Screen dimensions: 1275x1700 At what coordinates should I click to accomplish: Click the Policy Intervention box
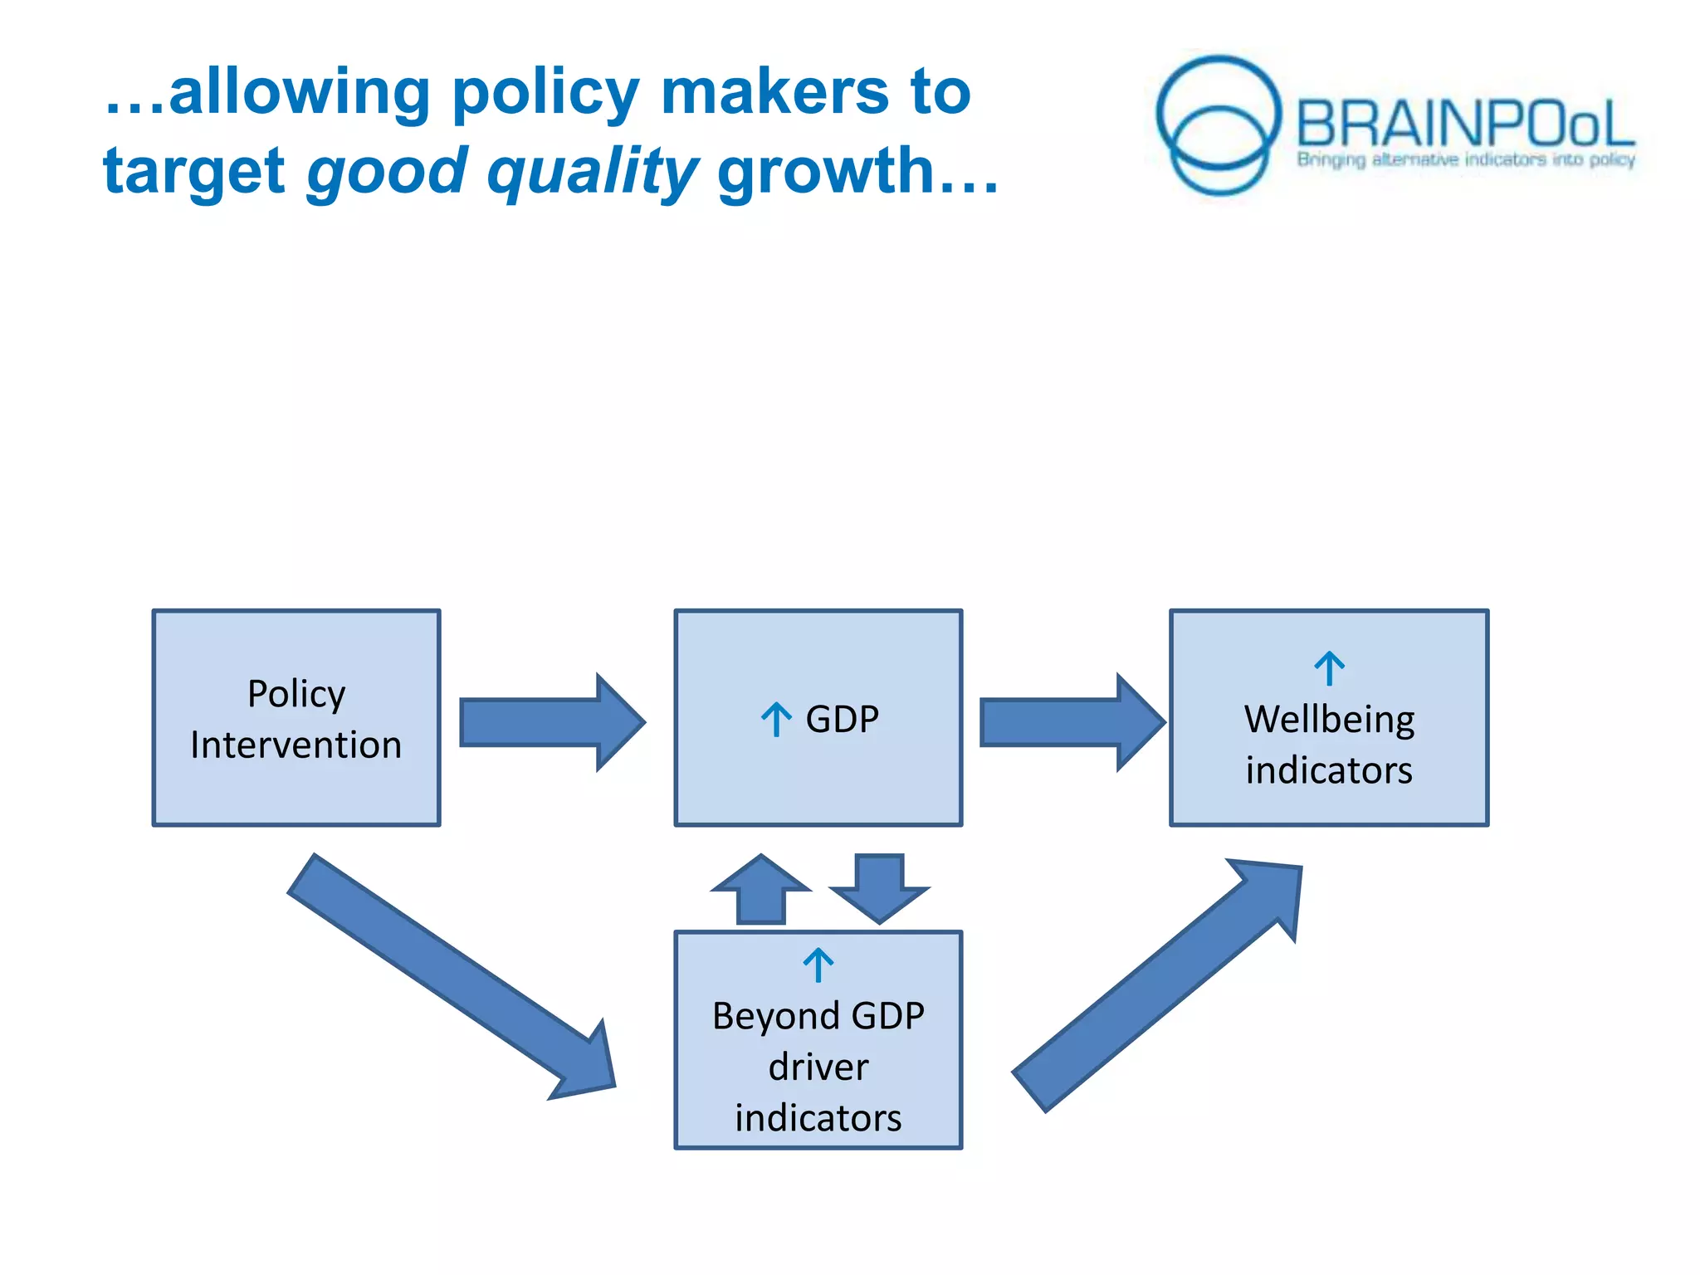tap(296, 718)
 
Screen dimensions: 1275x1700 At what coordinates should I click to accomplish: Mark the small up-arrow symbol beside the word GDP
tap(776, 719)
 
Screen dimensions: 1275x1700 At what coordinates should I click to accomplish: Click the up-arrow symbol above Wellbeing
tap(1329, 668)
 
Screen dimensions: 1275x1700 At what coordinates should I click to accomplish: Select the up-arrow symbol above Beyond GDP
tap(818, 965)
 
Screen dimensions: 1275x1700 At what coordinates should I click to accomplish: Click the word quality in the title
tap(593, 172)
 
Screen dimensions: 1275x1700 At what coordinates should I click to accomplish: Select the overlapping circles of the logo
tap(1219, 125)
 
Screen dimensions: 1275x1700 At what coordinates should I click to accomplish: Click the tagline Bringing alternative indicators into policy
tap(1466, 159)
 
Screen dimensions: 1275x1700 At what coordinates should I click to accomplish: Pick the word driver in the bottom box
tap(818, 1067)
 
